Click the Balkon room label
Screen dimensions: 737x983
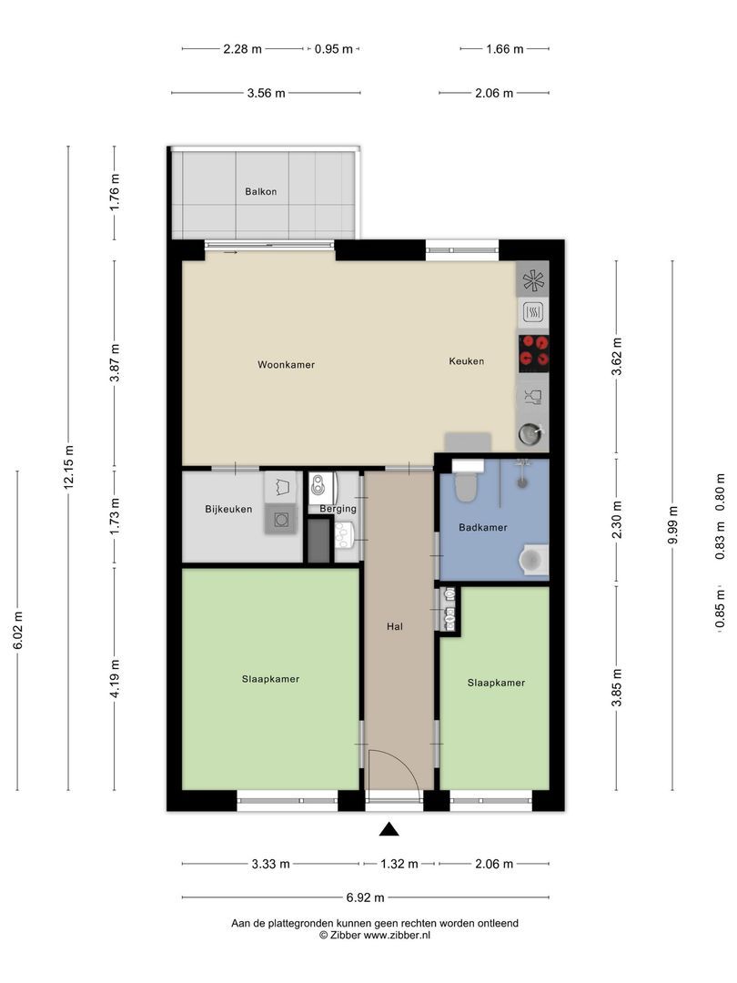point(261,192)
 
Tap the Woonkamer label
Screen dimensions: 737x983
point(287,364)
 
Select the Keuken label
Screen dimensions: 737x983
point(466,361)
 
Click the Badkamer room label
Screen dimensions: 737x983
point(483,527)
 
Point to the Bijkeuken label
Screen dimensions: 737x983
point(228,509)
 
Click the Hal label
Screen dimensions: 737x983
point(395,626)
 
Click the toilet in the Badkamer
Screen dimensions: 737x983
point(467,481)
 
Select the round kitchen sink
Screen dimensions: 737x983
point(531,434)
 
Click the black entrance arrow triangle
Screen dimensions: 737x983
point(389,829)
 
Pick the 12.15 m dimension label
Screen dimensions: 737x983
point(69,466)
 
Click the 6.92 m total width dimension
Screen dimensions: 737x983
point(366,897)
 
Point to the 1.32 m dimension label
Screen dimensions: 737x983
point(399,864)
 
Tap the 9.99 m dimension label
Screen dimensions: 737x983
point(673,525)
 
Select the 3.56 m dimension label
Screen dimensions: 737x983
point(267,94)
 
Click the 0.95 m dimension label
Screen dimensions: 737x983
point(333,49)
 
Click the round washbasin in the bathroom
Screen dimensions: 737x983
point(532,560)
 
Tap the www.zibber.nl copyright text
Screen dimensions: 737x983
point(375,935)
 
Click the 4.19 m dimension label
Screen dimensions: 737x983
point(115,678)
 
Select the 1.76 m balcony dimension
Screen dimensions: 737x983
point(115,192)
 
